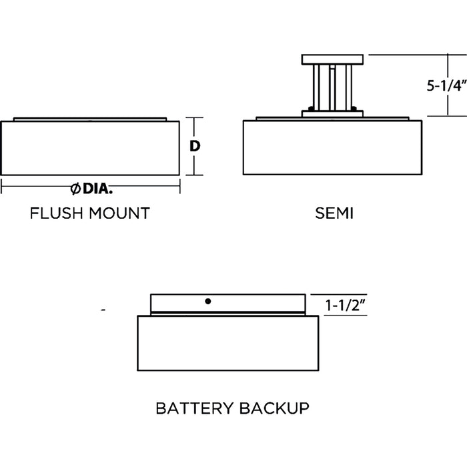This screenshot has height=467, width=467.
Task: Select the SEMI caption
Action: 334,213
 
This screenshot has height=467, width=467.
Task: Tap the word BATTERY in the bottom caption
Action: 193,407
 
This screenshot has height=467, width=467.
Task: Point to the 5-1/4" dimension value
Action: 445,85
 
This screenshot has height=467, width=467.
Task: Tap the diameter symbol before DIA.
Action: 76,188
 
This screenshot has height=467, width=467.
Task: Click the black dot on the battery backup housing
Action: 208,302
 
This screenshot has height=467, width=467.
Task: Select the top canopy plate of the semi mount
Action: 332,59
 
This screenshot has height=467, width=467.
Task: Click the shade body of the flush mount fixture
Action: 90,148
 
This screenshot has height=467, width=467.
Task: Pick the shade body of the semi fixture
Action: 332,148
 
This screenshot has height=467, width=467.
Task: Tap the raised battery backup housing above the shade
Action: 227,304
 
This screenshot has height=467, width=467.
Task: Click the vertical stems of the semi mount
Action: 332,87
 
